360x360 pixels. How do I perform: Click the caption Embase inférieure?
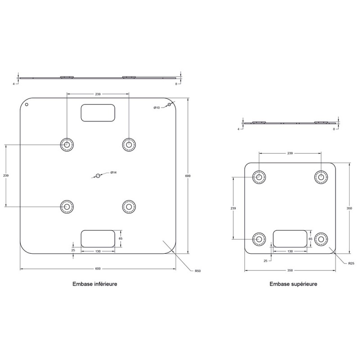coord(95,284)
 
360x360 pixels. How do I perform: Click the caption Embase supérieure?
coord(293,284)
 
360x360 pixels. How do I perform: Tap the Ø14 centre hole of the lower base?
coord(98,175)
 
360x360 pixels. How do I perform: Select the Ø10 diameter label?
coord(157,108)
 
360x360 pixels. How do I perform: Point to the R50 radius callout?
coord(198,271)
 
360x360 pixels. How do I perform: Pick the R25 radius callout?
coord(351,263)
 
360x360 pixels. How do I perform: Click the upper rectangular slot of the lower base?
coord(98,113)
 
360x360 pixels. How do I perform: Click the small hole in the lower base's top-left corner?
coord(27,105)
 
